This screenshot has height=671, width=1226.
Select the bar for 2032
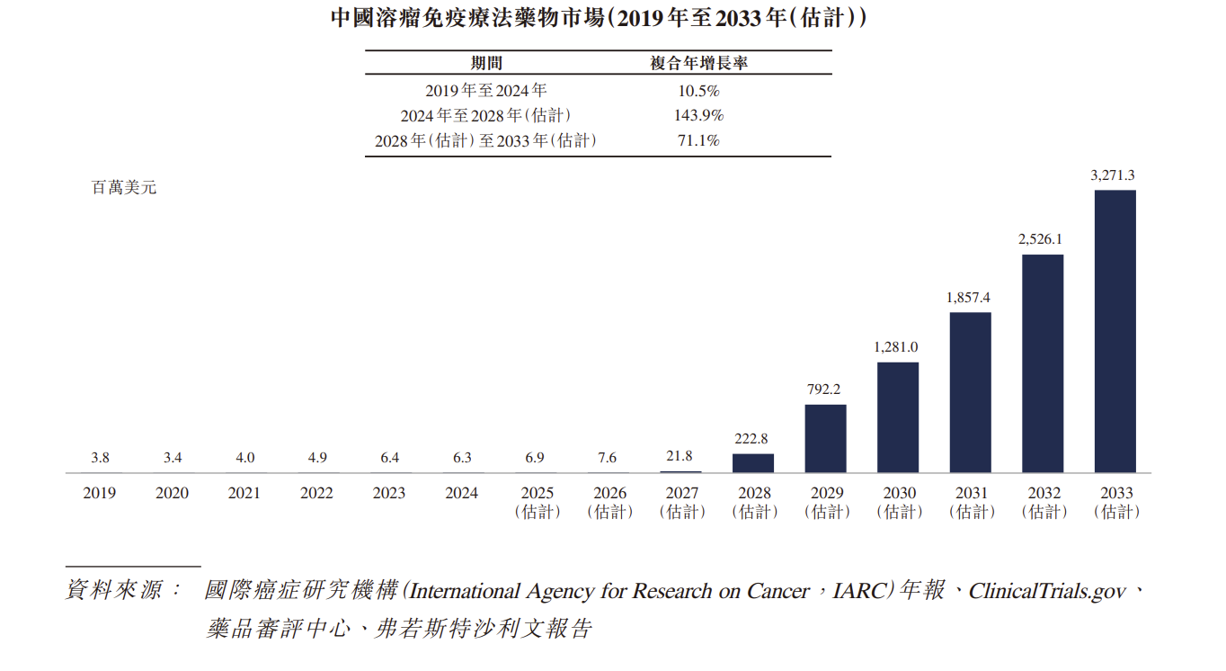[1043, 363]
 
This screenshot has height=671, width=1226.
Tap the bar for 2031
[970, 392]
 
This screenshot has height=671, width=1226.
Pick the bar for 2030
[898, 417]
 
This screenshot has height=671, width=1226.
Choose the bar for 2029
[825, 439]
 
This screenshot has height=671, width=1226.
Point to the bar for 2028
[753, 463]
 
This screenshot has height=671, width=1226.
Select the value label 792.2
[824, 389]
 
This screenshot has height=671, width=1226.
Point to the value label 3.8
[100, 458]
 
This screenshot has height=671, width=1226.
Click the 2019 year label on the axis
[100, 493]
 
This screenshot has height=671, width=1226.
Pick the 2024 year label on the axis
[462, 493]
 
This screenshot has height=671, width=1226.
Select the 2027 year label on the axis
[681, 493]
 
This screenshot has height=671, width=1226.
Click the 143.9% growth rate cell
[698, 115]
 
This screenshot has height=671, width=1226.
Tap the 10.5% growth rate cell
[698, 90]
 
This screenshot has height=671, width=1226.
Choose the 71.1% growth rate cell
[698, 140]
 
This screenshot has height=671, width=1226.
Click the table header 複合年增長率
[699, 63]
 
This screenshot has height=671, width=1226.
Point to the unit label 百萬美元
[124, 188]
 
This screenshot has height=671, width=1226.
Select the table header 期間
[486, 63]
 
